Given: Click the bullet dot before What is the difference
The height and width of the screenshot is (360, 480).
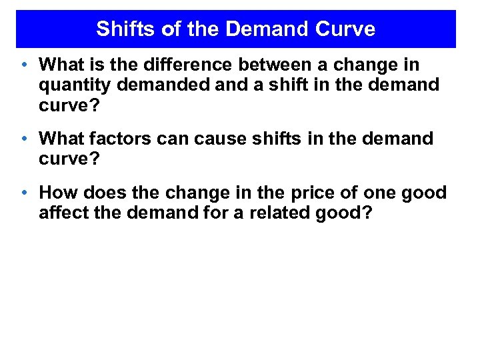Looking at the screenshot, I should tap(24, 65).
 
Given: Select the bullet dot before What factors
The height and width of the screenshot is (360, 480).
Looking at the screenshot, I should tap(24, 140).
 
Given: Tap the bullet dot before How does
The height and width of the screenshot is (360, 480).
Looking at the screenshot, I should tap(24, 194).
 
